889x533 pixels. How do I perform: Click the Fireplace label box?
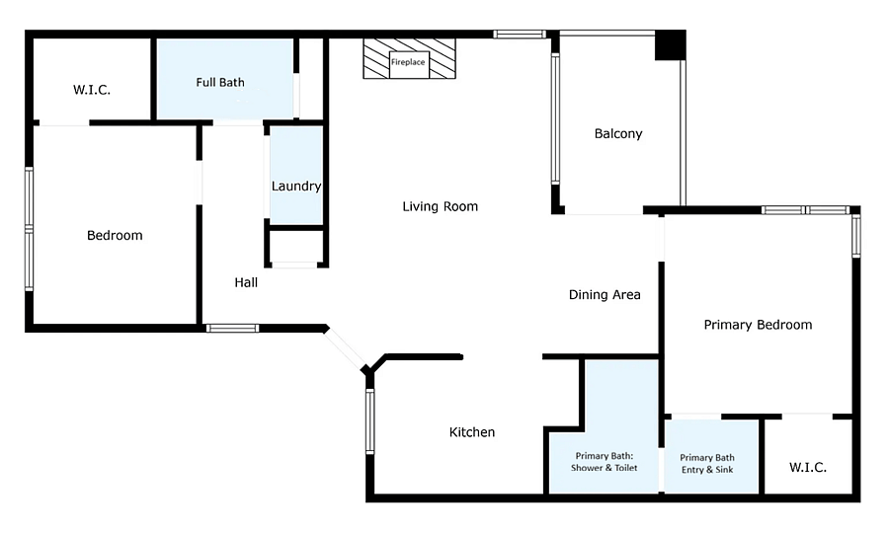pos(409,62)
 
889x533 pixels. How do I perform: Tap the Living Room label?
pos(440,206)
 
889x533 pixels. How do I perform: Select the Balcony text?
pos(618,133)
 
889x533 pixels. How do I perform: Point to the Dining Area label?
pos(605,294)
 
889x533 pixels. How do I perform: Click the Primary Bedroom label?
pos(758,325)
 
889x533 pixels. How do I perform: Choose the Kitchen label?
pos(472,432)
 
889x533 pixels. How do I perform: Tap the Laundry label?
pos(296,186)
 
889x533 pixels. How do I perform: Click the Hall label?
pos(246,282)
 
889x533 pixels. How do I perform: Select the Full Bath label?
pos(220,82)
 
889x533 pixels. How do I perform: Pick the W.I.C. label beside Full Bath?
pos(91,90)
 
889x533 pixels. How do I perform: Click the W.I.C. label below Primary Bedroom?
pos(807,467)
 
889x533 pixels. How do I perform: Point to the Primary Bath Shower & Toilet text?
pos(604,462)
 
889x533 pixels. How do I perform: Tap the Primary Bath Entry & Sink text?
pos(707,463)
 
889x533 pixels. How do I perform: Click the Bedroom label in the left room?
pos(115,235)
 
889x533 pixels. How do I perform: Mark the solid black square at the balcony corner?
pos(670,44)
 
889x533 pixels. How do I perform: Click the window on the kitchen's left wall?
pos(369,420)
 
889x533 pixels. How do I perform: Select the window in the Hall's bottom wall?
pos(232,328)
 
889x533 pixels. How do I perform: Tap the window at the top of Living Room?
pos(520,35)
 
